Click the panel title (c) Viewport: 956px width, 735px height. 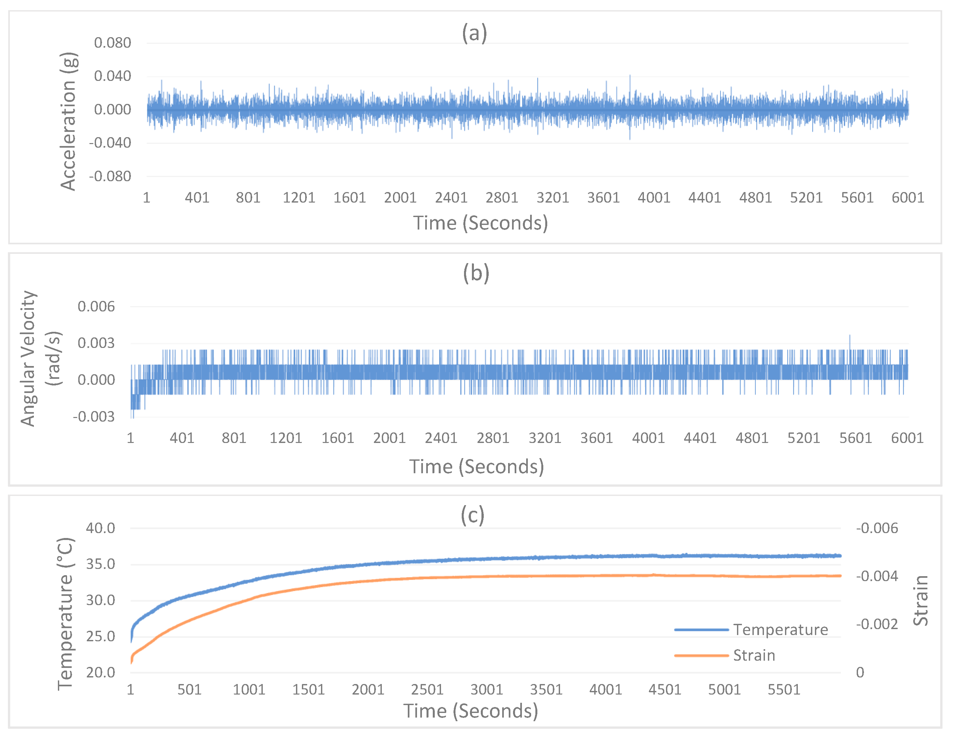(473, 515)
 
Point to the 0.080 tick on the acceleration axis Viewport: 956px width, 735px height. (112, 43)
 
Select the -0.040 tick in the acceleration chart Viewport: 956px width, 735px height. (110, 143)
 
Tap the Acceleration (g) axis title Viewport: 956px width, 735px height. (68, 121)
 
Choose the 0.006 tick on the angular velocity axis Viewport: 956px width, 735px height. (96, 306)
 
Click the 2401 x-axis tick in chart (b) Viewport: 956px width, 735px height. (441, 438)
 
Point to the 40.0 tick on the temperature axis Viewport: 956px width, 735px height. (101, 528)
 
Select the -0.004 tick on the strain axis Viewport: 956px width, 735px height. (876, 576)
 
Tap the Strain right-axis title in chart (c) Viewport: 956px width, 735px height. (920, 600)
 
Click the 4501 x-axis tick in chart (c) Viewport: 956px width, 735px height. (664, 690)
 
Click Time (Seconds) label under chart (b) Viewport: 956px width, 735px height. (476, 466)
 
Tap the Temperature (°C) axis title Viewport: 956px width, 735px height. (66, 614)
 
